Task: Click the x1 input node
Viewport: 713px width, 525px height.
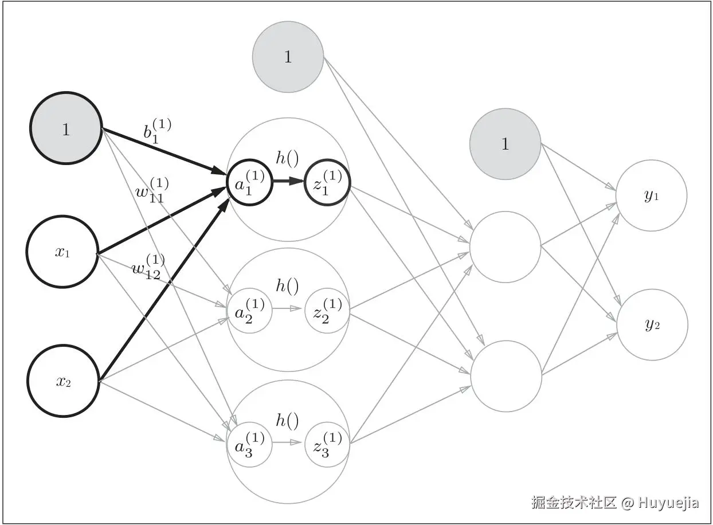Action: [x=62, y=252]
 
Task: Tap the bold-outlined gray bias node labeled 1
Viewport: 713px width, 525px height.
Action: [x=66, y=130]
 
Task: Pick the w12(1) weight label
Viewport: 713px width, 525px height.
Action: [x=148, y=266]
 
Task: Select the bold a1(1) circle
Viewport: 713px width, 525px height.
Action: [x=249, y=181]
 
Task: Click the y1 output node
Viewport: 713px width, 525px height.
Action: [x=651, y=195]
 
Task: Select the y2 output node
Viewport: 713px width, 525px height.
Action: [x=652, y=324]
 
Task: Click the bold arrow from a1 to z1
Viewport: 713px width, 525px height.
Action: [x=288, y=181]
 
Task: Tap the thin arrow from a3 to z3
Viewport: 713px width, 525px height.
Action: [x=288, y=442]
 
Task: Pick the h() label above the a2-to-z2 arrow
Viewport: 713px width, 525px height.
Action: [x=287, y=285]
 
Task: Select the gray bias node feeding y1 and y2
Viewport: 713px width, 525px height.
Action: [x=505, y=144]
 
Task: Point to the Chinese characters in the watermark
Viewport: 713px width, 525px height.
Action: [x=573, y=503]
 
